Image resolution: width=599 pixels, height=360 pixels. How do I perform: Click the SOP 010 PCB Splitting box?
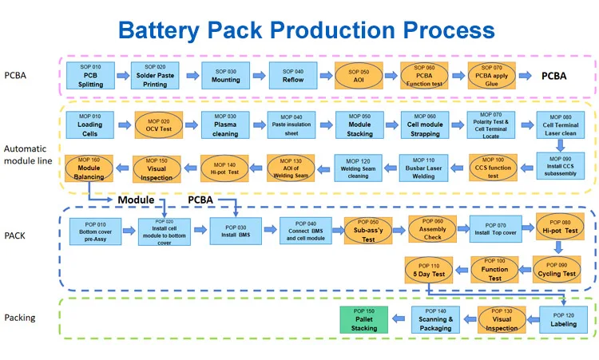pyautogui.click(x=91, y=77)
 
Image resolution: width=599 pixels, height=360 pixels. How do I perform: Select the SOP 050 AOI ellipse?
pyautogui.click(x=359, y=77)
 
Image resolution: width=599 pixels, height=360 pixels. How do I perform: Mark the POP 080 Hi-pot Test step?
pyautogui.click(x=559, y=230)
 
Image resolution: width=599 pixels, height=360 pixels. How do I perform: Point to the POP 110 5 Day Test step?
pyautogui.click(x=429, y=270)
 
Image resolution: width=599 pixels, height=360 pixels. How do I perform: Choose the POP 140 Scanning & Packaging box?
pyautogui.click(x=435, y=318)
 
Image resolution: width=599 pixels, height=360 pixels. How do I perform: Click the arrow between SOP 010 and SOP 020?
pyautogui.click(x=124, y=77)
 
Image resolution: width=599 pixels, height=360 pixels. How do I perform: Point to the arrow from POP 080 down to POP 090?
pyautogui.click(x=559, y=249)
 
